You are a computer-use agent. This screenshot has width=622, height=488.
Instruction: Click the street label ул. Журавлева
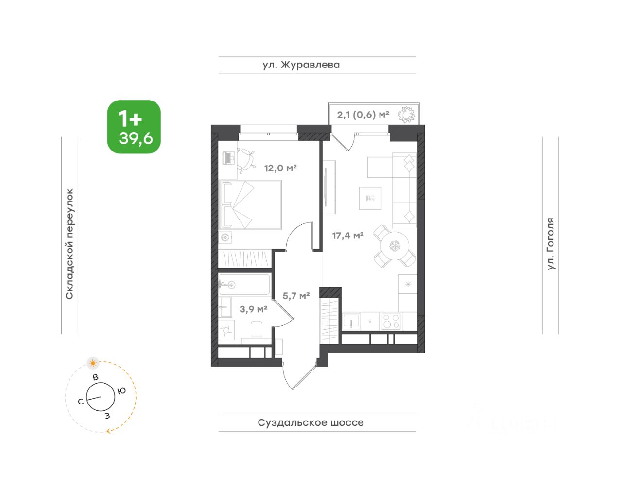pyautogui.click(x=301, y=65)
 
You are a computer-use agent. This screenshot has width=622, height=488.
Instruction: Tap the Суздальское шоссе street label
pyautogui.click(x=311, y=422)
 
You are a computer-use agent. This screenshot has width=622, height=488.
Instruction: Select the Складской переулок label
pyautogui.click(x=69, y=244)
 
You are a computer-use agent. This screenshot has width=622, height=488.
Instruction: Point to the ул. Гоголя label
pyautogui.click(x=551, y=244)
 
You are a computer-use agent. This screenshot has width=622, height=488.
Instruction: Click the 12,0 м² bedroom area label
pyautogui.click(x=280, y=168)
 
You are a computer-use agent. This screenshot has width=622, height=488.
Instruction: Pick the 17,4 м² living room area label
pyautogui.click(x=348, y=236)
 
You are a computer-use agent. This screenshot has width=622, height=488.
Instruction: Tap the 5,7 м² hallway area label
pyautogui.click(x=296, y=296)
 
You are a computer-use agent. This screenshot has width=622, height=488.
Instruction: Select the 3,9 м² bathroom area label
pyautogui.click(x=253, y=309)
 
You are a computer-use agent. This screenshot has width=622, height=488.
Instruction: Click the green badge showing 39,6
pyautogui.click(x=134, y=127)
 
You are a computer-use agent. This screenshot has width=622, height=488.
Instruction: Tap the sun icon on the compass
pyautogui.click(x=93, y=363)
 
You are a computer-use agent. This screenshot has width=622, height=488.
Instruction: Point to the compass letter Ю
pyautogui.click(x=122, y=391)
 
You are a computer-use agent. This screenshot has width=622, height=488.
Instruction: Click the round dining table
pyautogui.click(x=395, y=246)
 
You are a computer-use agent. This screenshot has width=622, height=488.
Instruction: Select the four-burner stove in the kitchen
pyautogui.click(x=391, y=321)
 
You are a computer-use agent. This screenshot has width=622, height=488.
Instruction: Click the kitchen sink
pyautogui.click(x=351, y=321)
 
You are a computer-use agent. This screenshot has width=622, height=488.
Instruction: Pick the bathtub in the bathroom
pyautogui.click(x=244, y=285)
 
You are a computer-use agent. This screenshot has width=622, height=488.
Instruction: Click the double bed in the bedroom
pyautogui.click(x=250, y=205)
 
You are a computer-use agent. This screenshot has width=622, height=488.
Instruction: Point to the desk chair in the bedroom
pyautogui.click(x=246, y=160)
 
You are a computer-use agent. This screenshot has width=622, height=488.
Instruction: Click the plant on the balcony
pyautogui.click(x=407, y=115)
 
